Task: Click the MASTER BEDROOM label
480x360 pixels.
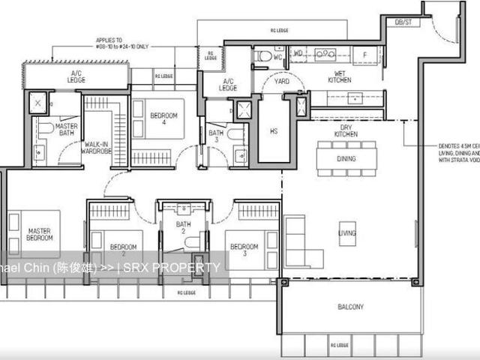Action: pyautogui.click(x=40, y=235)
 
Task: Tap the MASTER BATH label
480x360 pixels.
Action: pyautogui.click(x=67, y=130)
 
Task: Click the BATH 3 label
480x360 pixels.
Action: pyautogui.click(x=214, y=136)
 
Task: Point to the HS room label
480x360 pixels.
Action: pyautogui.click(x=273, y=130)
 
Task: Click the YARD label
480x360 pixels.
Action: pyautogui.click(x=282, y=81)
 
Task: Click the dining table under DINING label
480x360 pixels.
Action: pyautogui.click(x=346, y=159)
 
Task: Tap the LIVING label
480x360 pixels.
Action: pyautogui.click(x=346, y=233)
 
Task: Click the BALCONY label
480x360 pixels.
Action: pyautogui.click(x=350, y=307)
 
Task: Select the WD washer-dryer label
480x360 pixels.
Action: pyautogui.click(x=298, y=53)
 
